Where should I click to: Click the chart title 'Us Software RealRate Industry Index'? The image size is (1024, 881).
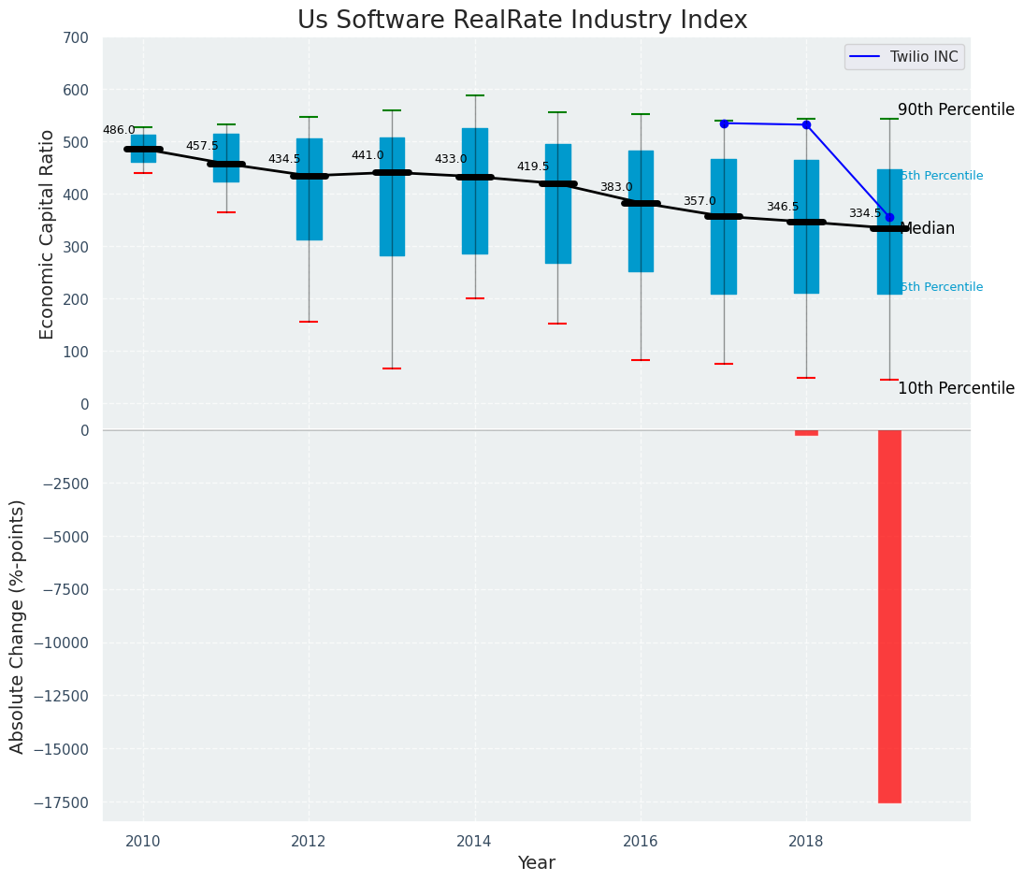[522, 21]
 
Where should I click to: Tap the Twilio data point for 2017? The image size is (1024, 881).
[724, 123]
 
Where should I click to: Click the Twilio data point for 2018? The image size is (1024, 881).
[806, 124]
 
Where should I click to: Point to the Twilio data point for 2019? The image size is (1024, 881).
[889, 217]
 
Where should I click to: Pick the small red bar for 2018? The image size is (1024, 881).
[806, 433]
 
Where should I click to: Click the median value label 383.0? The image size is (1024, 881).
[616, 187]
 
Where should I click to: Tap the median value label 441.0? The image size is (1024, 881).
[368, 155]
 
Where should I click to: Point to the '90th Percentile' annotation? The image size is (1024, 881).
[956, 110]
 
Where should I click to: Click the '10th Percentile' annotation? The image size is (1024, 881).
[956, 389]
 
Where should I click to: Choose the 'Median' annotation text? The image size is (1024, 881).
[927, 229]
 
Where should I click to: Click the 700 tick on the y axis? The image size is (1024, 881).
[77, 38]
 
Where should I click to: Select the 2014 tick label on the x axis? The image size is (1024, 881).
[475, 841]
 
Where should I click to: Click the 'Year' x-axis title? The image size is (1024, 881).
[537, 863]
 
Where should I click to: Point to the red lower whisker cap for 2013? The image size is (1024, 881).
[392, 368]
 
